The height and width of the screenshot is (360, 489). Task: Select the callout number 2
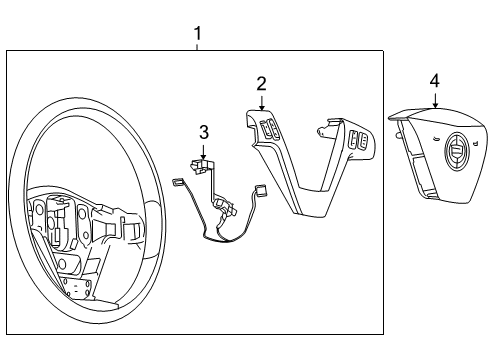(x=261, y=84)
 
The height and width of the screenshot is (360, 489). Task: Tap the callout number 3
(x=203, y=131)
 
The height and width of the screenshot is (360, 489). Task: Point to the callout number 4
(x=434, y=80)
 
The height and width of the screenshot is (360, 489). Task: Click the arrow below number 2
(x=261, y=102)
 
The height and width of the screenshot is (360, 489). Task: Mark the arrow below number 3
(x=203, y=151)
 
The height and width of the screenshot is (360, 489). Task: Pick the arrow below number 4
(x=434, y=99)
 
